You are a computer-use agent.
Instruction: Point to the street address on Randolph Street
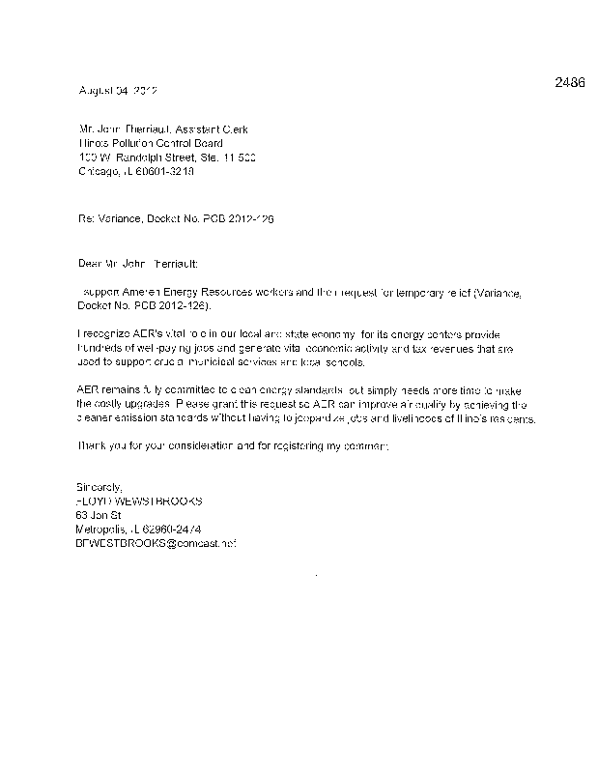[166, 157]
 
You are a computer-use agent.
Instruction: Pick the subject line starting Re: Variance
[176, 219]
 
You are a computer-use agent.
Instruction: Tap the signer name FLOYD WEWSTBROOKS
[140, 502]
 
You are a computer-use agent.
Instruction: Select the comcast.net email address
[156, 544]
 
